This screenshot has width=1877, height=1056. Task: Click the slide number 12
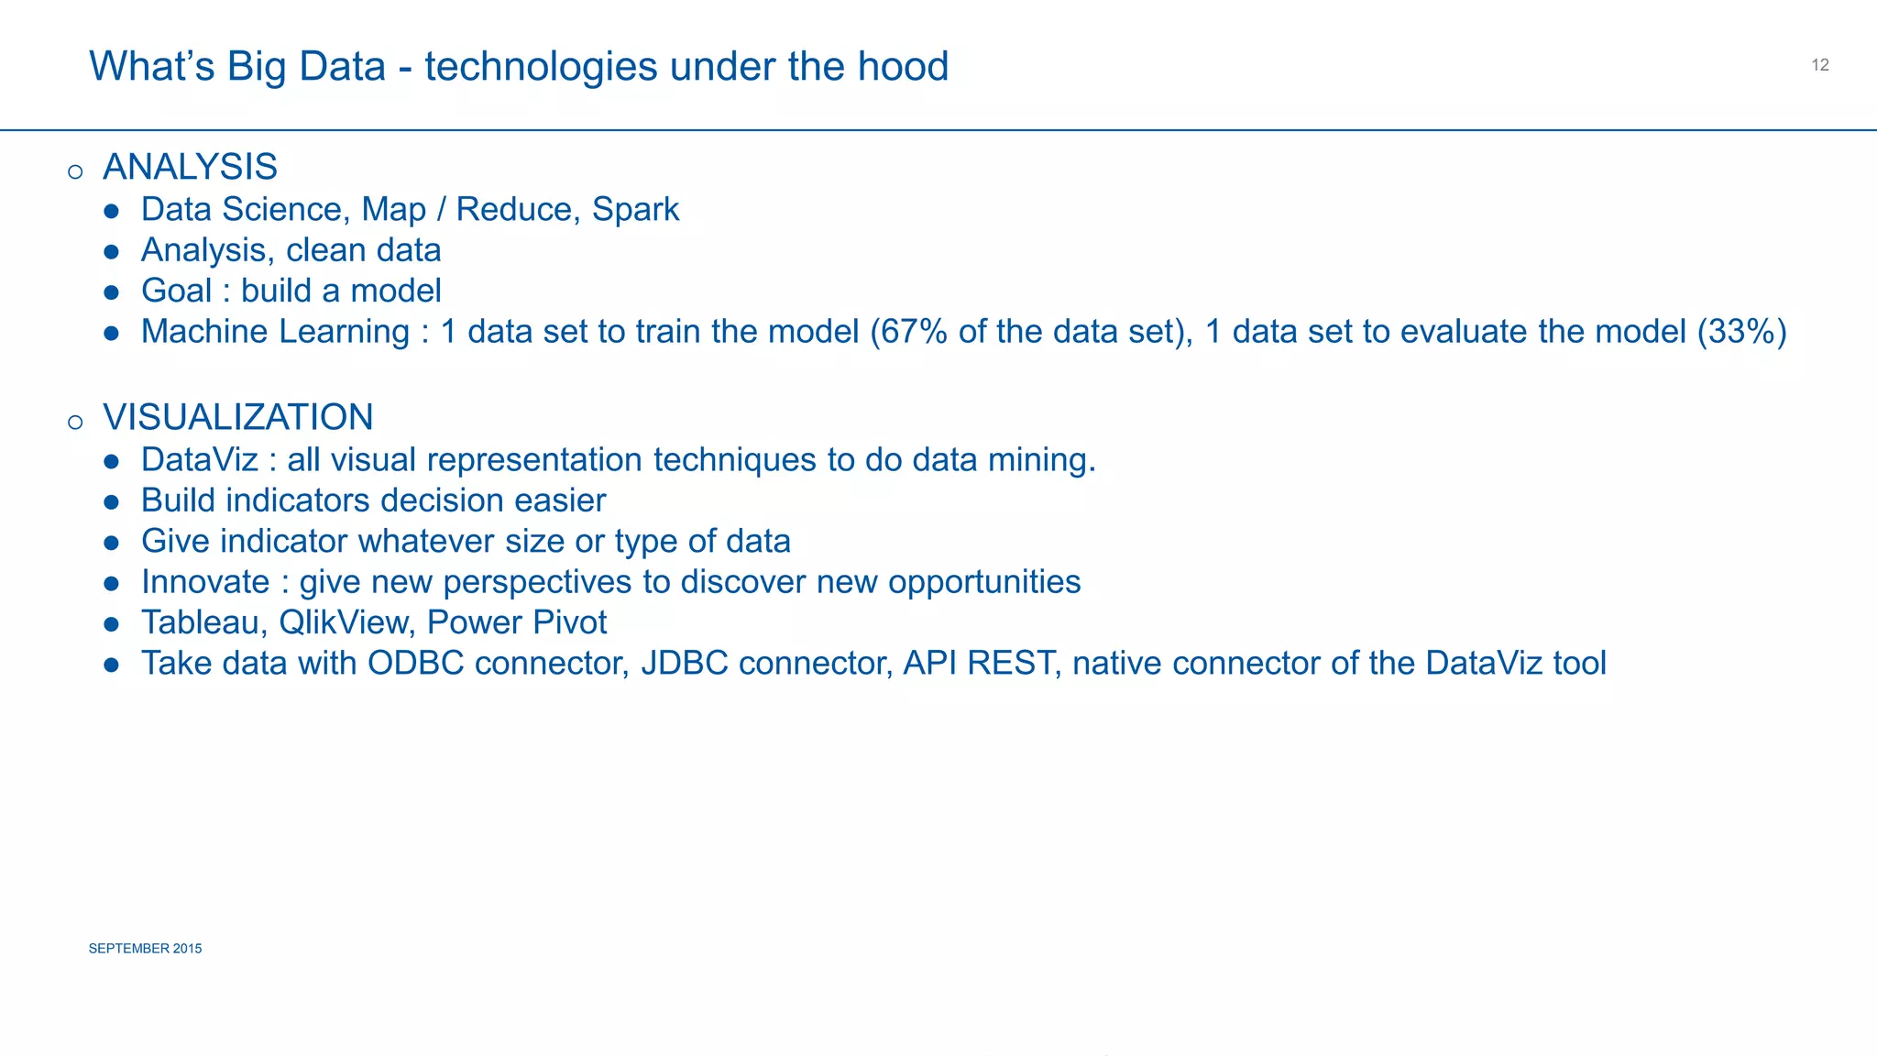[x=1820, y=65]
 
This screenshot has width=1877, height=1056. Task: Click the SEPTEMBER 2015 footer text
[x=145, y=949]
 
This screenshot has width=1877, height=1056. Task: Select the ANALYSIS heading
[x=190, y=168]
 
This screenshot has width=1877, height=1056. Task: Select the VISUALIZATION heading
[x=237, y=418]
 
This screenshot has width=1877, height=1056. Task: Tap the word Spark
[x=635, y=210]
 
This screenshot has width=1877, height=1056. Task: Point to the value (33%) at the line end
[x=1741, y=332]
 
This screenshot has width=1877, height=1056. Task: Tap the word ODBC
[x=415, y=664]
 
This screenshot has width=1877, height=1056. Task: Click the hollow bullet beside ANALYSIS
[x=75, y=172]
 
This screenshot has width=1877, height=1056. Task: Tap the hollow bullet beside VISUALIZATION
[x=75, y=423]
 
